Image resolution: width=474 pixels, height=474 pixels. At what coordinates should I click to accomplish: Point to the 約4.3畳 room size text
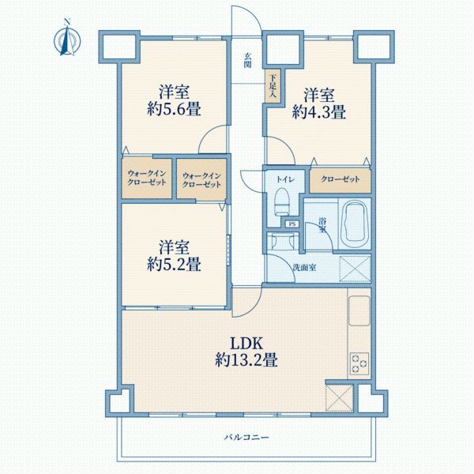(318, 112)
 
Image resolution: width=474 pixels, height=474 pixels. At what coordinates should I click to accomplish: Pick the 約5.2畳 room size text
(171, 262)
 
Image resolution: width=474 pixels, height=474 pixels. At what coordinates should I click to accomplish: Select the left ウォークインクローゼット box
(147, 179)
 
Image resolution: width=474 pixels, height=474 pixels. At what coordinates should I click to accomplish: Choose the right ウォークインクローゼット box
(201, 179)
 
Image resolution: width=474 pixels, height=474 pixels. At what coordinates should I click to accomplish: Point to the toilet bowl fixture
(280, 205)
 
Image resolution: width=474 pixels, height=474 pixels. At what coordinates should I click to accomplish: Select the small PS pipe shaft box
(292, 224)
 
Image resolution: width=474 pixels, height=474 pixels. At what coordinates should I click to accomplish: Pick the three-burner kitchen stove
(358, 363)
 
